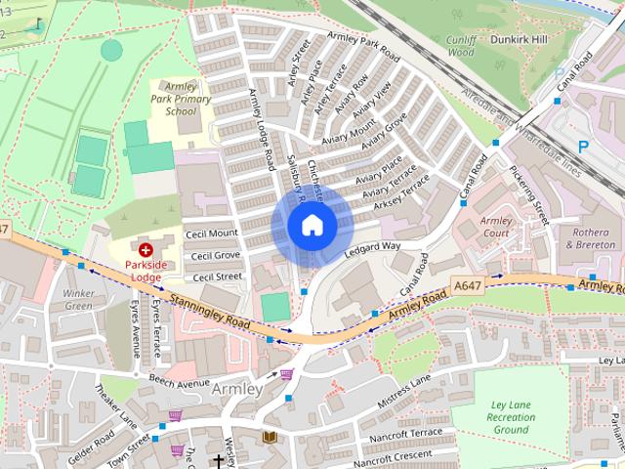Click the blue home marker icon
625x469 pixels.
pos(312,225)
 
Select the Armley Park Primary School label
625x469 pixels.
pos(181,99)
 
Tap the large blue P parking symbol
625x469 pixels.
pos(583,147)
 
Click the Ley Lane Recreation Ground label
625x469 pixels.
pos(511,416)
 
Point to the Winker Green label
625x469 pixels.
pos(78,299)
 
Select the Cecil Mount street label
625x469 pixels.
pos(214,234)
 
